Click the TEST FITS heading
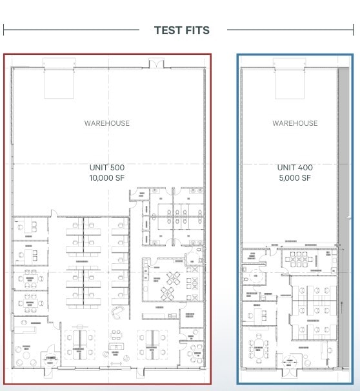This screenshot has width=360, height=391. click(x=182, y=30)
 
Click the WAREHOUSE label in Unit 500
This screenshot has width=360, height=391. click(x=107, y=123)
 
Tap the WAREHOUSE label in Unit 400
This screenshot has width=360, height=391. click(x=295, y=123)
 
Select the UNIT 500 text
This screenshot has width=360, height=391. click(x=107, y=168)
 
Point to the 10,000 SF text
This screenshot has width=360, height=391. click(x=107, y=178)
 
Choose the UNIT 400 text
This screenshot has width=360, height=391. click(x=295, y=168)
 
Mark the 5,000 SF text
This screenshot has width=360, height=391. click(x=295, y=178)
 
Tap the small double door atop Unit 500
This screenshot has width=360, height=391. click(x=157, y=63)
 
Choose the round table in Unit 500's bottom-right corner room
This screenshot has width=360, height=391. click(x=194, y=352)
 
